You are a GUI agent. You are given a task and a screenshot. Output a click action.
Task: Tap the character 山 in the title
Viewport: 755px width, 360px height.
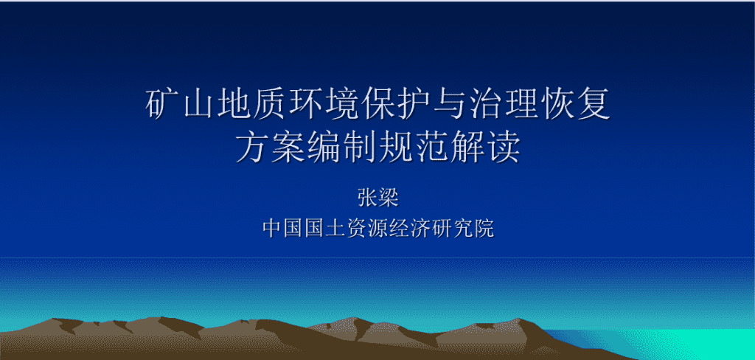[198, 104]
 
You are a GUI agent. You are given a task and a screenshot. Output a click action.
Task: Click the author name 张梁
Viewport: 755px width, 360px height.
[378, 198]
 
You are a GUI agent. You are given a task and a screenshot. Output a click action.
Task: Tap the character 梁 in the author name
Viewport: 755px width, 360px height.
[389, 198]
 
